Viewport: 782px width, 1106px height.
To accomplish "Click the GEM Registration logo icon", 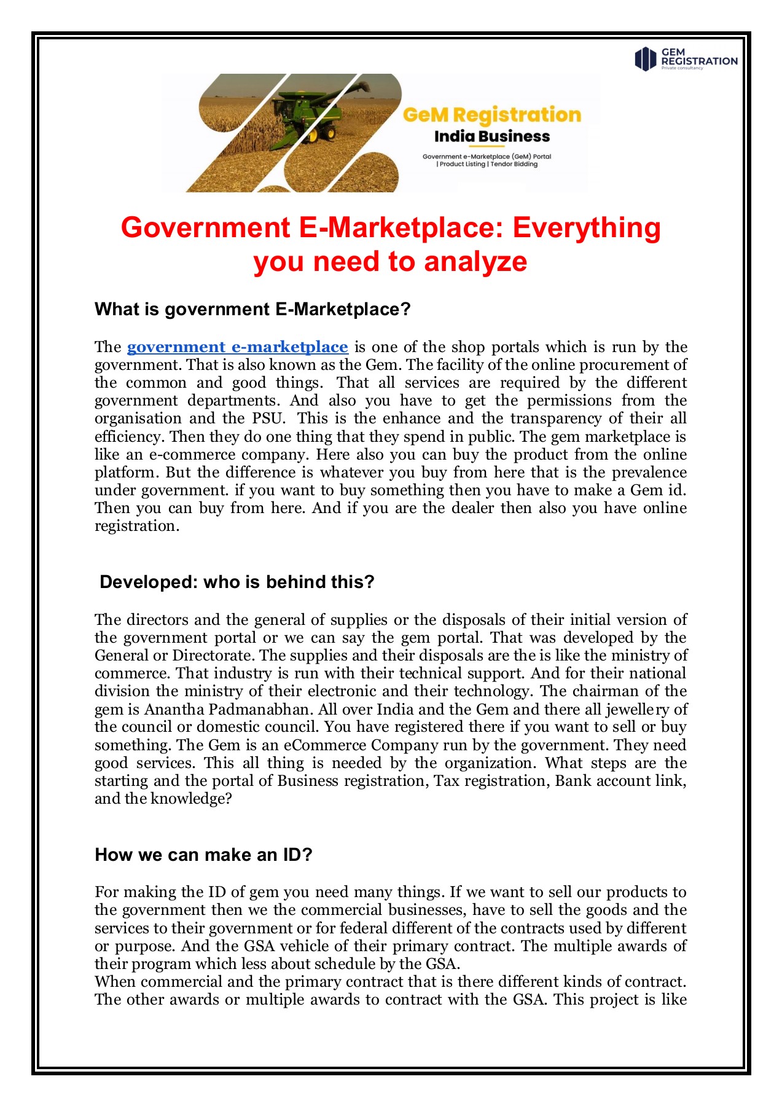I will (645, 59).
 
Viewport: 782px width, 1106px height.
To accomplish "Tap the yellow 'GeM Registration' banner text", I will (491, 115).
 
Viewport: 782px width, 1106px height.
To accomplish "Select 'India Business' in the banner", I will (491, 136).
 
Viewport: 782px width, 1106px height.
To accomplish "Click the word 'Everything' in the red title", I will (587, 227).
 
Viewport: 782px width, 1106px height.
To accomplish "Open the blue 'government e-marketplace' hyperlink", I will (237, 347).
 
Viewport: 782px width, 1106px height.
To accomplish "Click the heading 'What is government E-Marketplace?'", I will (252, 309).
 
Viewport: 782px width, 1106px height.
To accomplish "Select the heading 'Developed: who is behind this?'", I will (237, 582).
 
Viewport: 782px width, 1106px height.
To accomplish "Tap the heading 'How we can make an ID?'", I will (204, 855).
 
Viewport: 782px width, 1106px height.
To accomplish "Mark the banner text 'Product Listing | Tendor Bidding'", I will (488, 164).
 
